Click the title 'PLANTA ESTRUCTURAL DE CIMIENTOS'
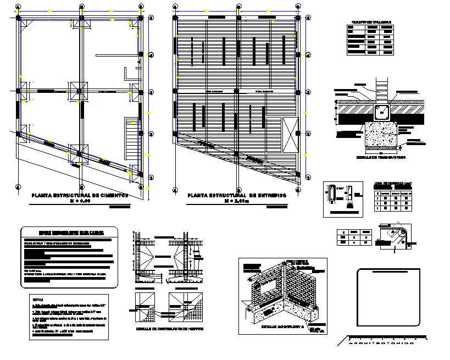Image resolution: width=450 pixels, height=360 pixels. click(x=80, y=195)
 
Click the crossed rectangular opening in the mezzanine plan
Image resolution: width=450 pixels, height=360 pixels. click(x=290, y=135)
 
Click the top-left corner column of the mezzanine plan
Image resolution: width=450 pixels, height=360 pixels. click(x=176, y=18)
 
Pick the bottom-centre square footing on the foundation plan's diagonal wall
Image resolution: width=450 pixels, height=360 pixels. click(x=79, y=153)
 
